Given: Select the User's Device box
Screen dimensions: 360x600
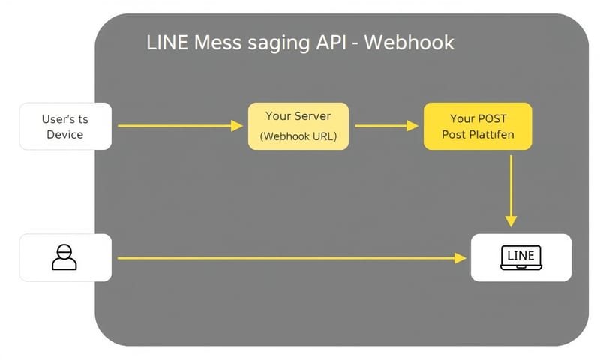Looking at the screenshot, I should coord(65,126).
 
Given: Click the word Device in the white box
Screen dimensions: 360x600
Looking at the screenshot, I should coord(65,135).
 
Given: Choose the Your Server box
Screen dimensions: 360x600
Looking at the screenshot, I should coord(298,126).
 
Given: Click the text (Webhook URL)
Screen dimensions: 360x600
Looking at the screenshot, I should coord(298,137).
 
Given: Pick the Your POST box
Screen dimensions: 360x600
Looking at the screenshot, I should coord(478,126).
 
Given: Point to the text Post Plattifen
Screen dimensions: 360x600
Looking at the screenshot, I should coord(478,137).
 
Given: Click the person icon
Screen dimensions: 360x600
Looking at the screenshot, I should coord(64,257).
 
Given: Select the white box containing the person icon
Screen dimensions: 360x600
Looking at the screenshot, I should coord(65,257).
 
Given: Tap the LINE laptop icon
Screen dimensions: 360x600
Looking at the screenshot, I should coord(520,257).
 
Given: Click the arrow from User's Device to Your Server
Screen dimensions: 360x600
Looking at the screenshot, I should coord(180,126).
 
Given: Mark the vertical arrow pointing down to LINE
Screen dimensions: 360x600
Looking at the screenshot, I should coord(511,187).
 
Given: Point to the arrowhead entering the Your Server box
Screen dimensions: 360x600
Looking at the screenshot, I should coord(238,126).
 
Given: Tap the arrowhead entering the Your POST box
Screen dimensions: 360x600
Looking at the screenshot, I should coord(413,126).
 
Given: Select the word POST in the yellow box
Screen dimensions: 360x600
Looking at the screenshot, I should coord(493,118).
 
